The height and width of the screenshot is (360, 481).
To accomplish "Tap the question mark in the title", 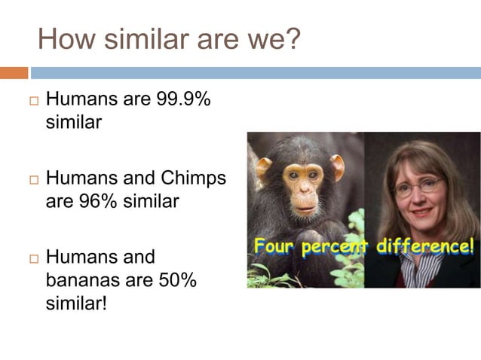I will [292, 38].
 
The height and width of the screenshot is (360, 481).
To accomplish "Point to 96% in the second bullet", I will [90, 201].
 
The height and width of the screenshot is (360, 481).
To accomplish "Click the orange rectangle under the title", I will [14, 73].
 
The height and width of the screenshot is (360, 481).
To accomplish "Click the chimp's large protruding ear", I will [336, 166].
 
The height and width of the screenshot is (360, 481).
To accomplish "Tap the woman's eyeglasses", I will [418, 185].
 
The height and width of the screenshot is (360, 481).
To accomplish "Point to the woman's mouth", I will [419, 217].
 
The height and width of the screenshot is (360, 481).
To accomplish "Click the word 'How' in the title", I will [63, 38].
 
